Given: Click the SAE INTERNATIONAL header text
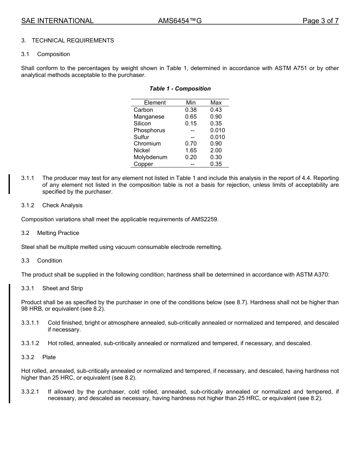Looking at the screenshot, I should point(57,21).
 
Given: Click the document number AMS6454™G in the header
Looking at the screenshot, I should point(180,21).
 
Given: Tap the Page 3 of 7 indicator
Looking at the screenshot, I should point(320,21).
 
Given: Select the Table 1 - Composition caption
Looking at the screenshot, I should point(180,89).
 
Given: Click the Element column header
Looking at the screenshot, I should point(155,103).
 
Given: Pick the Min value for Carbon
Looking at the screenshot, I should point(191,110).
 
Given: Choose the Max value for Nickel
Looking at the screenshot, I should point(216,150).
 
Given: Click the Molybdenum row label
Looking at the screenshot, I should point(150,157).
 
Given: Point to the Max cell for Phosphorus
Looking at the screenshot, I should point(218,130).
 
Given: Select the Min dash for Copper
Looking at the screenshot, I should point(193,164).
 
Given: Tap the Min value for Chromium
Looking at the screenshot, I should point(191,144).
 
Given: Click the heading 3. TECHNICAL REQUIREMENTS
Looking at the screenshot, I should point(67,41).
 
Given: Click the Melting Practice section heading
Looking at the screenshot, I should point(58,233).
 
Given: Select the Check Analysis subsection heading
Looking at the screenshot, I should point(62,205).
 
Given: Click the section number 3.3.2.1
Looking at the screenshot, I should point(30,392).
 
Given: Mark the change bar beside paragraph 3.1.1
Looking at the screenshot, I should point(9,184).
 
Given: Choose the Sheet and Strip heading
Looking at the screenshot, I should point(63,288).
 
